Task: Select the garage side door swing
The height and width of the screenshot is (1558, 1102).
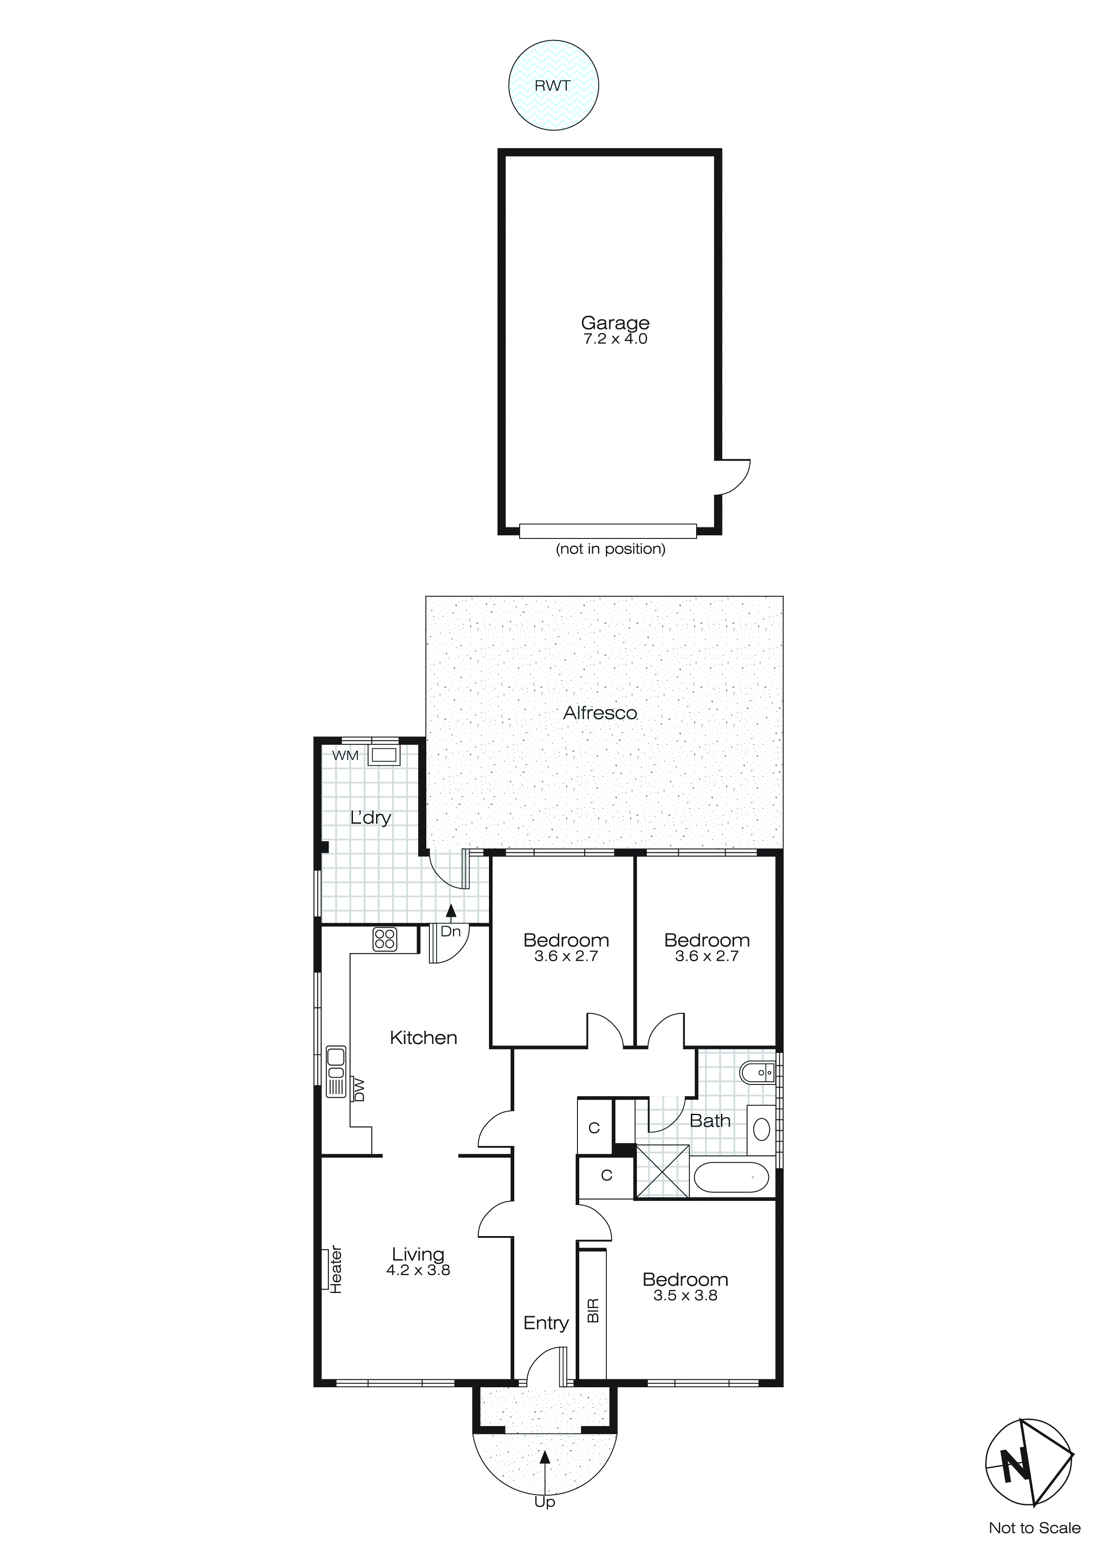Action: [x=735, y=477]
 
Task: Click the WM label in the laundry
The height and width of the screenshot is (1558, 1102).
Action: [x=345, y=755]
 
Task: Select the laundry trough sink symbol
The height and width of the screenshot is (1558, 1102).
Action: [x=383, y=755]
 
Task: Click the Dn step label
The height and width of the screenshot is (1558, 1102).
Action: [x=451, y=932]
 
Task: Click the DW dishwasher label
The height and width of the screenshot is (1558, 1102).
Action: [x=360, y=1090]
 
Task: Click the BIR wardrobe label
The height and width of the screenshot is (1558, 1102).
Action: [x=593, y=1310]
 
